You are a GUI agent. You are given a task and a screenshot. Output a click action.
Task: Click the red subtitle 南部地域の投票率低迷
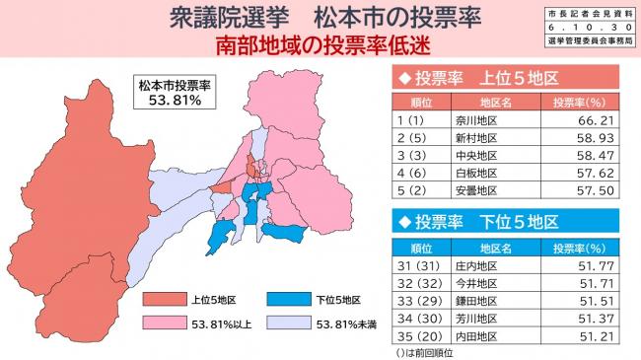click(x=320, y=45)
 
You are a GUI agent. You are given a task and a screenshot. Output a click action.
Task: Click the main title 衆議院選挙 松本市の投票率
click(x=320, y=18)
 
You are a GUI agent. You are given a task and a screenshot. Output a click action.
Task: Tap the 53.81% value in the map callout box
click(x=175, y=100)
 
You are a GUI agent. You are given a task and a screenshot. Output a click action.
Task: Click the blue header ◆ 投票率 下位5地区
click(x=476, y=220)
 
